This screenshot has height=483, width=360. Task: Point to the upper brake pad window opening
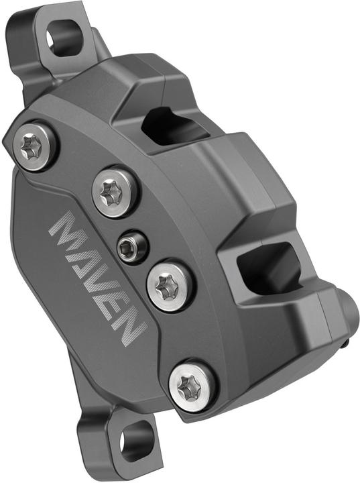pos(168,124)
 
